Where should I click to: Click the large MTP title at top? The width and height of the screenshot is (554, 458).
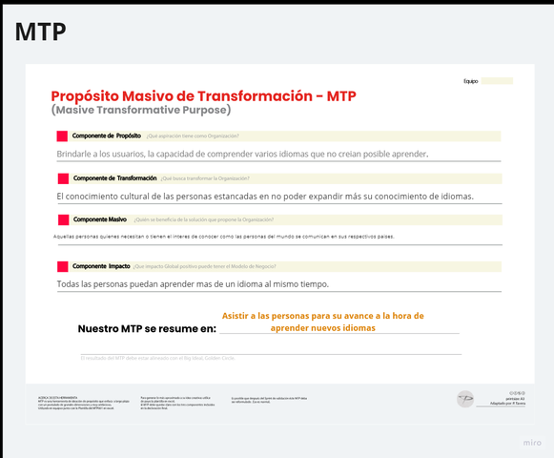tap(40, 31)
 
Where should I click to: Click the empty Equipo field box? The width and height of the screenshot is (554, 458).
tap(496, 81)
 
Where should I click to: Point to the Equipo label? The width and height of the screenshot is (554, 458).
tap(470, 81)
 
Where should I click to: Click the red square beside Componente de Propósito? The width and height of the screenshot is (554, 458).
tap(63, 136)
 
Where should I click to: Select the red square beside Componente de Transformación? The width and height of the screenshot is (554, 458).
tap(63, 178)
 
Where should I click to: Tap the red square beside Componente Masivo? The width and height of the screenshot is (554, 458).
tap(63, 219)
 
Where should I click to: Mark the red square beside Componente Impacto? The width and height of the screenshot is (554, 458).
tap(63, 265)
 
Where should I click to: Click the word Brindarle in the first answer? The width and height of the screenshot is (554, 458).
tap(78, 154)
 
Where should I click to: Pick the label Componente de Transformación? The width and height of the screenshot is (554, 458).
tap(114, 178)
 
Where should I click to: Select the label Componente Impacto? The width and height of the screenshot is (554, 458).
tap(101, 265)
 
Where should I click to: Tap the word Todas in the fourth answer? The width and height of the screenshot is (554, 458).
tap(70, 284)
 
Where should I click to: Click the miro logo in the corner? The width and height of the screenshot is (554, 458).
tap(532, 443)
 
